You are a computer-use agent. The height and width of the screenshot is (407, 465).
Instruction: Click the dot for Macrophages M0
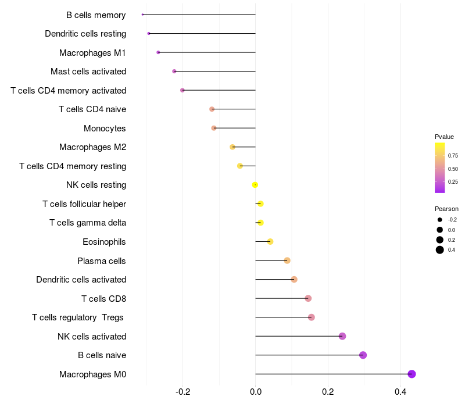(412, 374)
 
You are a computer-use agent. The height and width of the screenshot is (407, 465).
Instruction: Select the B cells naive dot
(363, 355)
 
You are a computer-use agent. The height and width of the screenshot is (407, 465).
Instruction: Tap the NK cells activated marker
(342, 336)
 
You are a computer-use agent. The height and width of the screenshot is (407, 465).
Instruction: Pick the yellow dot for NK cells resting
(255, 185)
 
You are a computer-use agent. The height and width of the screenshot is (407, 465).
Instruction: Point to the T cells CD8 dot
(308, 298)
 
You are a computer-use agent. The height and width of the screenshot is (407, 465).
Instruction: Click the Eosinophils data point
(270, 241)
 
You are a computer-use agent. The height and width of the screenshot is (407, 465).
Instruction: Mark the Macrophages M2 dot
(233, 147)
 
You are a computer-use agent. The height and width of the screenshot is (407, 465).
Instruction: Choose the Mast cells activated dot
(174, 72)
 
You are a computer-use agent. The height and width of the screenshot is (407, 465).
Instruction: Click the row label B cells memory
(96, 15)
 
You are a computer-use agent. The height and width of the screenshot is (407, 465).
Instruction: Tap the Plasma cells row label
(102, 261)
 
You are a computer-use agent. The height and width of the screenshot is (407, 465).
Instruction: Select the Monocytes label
(105, 128)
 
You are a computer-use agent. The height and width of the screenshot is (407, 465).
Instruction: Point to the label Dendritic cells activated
(81, 280)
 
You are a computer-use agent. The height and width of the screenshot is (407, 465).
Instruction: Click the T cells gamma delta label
(88, 223)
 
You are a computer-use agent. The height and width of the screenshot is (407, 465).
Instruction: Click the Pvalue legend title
(444, 137)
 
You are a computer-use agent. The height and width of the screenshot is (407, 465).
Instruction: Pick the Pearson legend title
(446, 209)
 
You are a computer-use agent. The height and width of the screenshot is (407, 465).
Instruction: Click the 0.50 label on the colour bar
(453, 169)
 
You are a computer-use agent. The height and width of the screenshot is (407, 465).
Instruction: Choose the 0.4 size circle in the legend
(440, 250)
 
